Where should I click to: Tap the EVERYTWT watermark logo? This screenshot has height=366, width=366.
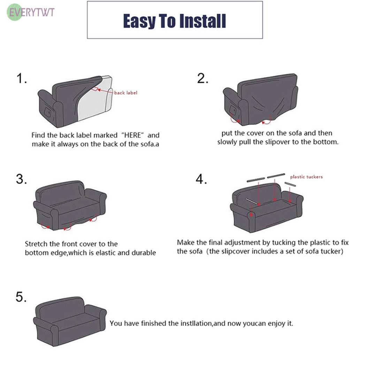coord(31,12)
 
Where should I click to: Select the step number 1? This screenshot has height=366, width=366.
coord(21,78)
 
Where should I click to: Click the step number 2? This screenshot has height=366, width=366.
coord(203,78)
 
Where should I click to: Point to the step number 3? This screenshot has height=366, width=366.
coord(21,179)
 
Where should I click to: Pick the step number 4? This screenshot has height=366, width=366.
coord(201,179)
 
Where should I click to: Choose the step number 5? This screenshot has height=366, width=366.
coord(21,297)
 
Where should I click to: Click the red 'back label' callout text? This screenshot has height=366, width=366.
coord(125,93)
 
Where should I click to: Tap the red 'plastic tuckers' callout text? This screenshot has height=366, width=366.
coord(306,177)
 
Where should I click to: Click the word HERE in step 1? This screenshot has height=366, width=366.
coord(132,135)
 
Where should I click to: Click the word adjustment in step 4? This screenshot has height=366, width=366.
coord(243,243)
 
